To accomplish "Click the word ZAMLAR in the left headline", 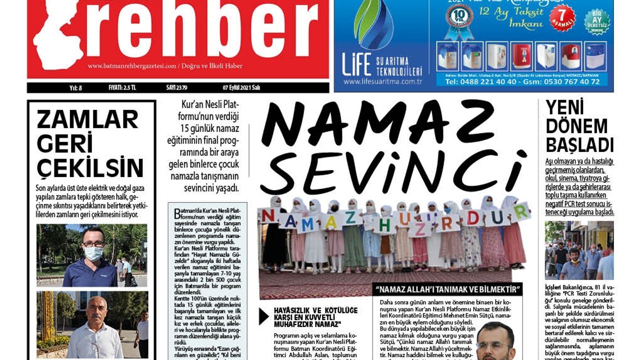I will coord(87,120).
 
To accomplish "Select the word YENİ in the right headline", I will coord(565,108).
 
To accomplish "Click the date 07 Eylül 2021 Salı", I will coord(241,88).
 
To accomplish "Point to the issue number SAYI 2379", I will coord(176,88).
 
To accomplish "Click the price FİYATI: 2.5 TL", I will coord(122,88).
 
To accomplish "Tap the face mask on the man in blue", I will coord(92,253).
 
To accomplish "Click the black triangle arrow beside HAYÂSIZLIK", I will coord(263,316).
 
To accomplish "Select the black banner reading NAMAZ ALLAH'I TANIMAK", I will coord(447,289).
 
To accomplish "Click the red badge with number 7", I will coord(562,17).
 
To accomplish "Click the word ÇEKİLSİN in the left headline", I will coord(90,167).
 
